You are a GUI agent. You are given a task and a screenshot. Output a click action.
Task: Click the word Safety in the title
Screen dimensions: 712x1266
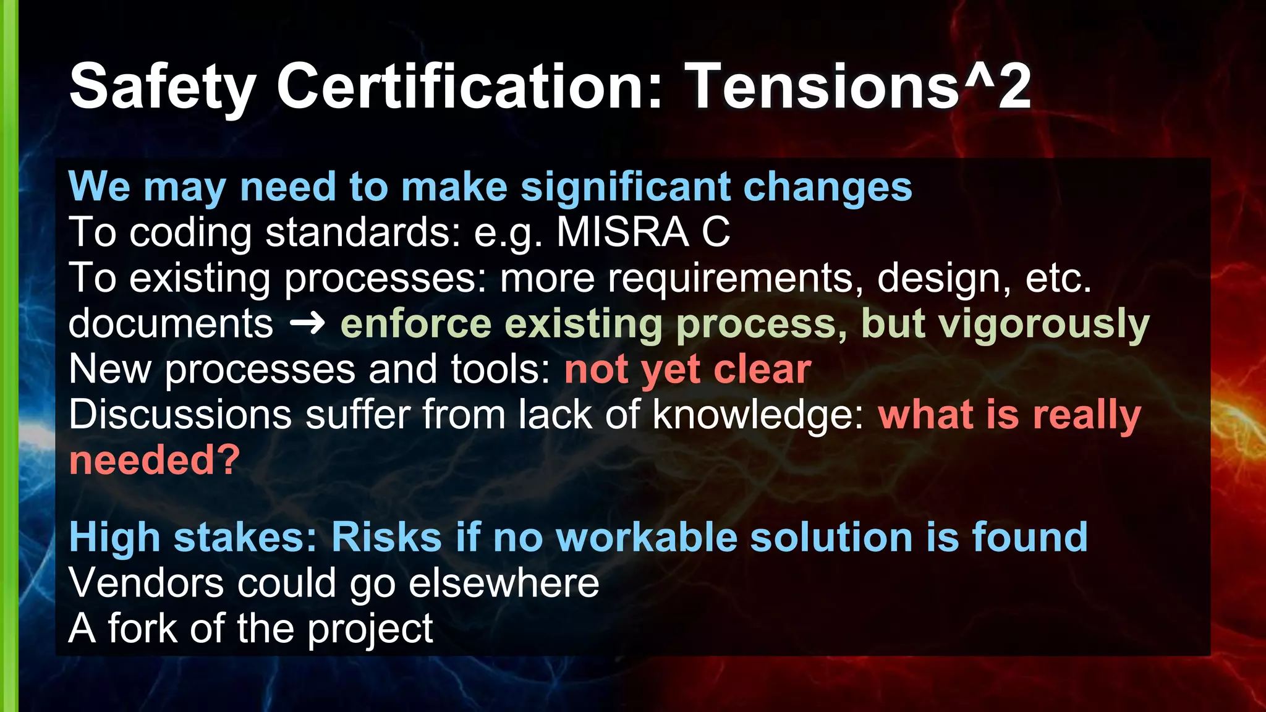click(163, 88)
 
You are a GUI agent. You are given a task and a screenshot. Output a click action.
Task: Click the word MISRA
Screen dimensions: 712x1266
click(622, 232)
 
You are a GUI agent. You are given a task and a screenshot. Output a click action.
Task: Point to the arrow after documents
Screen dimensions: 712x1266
click(307, 323)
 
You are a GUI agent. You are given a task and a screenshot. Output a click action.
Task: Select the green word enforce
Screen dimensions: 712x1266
click(415, 324)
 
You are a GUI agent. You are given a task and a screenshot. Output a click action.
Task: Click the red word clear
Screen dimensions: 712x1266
click(762, 370)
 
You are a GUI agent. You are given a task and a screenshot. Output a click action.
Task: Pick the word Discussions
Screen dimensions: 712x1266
click(180, 415)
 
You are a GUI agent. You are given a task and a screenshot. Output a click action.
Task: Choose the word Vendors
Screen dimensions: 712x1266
click(146, 583)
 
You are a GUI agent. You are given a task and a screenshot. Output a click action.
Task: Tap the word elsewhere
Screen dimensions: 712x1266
click(504, 583)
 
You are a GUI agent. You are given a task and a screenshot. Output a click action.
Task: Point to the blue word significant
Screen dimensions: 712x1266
click(625, 187)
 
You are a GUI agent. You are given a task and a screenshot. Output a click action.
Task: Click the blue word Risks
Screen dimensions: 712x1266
click(386, 537)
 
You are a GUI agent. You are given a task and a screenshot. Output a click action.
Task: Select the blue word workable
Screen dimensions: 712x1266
click(647, 537)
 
